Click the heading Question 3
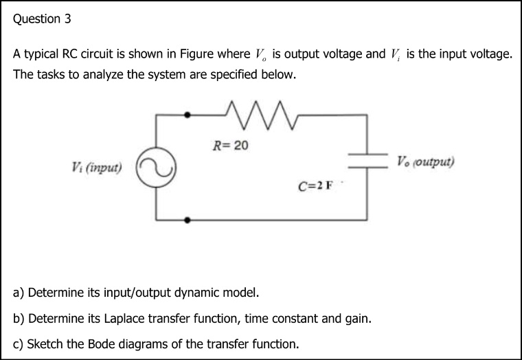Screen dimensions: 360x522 click(x=42, y=19)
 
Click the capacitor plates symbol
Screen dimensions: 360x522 click(x=369, y=161)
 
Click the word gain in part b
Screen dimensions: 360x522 click(x=357, y=319)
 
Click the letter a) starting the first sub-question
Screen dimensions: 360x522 click(x=19, y=294)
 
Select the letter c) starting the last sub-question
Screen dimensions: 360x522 click(x=19, y=344)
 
